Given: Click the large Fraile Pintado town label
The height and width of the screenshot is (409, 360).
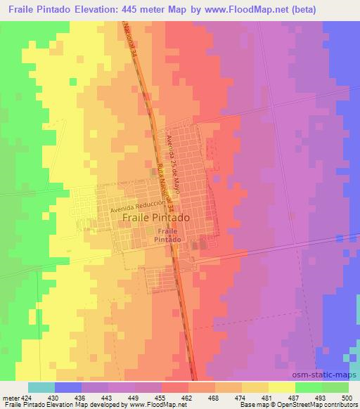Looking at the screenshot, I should point(155,218).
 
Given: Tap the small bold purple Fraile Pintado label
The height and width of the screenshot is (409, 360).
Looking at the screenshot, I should point(167,235).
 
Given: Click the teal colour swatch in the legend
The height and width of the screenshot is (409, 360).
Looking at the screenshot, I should point(41,387).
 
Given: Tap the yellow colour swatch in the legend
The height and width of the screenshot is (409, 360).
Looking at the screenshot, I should point(281,387).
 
